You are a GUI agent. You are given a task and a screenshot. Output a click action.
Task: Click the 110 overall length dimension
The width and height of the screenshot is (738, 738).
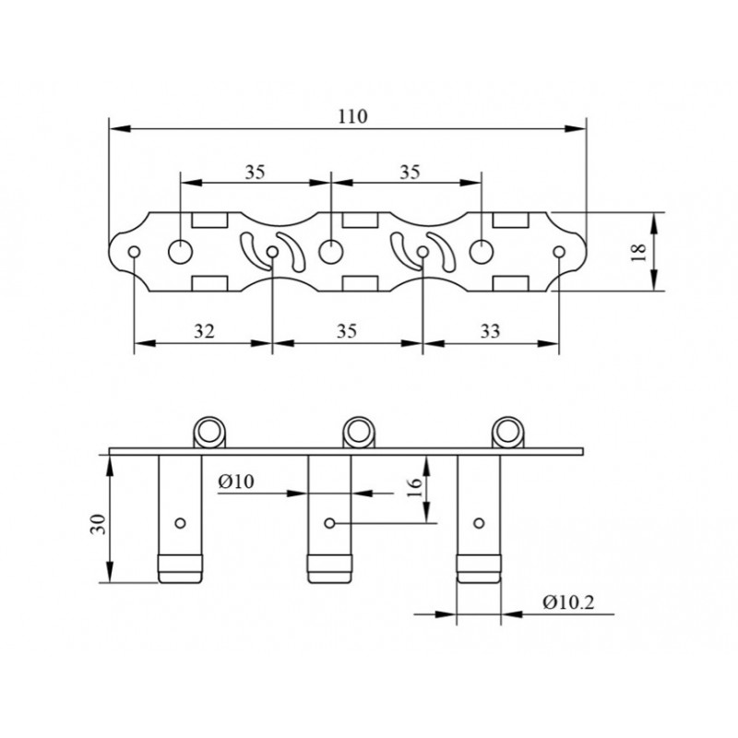[352, 116]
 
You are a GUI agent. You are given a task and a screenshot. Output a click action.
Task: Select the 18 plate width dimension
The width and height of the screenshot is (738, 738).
[639, 253]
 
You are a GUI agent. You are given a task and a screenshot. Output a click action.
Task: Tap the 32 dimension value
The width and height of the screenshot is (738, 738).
[204, 331]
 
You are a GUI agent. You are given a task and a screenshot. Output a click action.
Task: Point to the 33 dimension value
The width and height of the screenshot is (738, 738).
[490, 331]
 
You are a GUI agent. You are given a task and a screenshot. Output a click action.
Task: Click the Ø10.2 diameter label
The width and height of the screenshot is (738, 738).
[568, 602]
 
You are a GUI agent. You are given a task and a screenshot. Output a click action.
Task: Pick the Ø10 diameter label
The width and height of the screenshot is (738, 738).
[236, 482]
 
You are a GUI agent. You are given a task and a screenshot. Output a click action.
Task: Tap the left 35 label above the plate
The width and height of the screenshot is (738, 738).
[256, 173]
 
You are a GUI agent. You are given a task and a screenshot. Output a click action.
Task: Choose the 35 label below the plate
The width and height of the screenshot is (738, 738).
[347, 331]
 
